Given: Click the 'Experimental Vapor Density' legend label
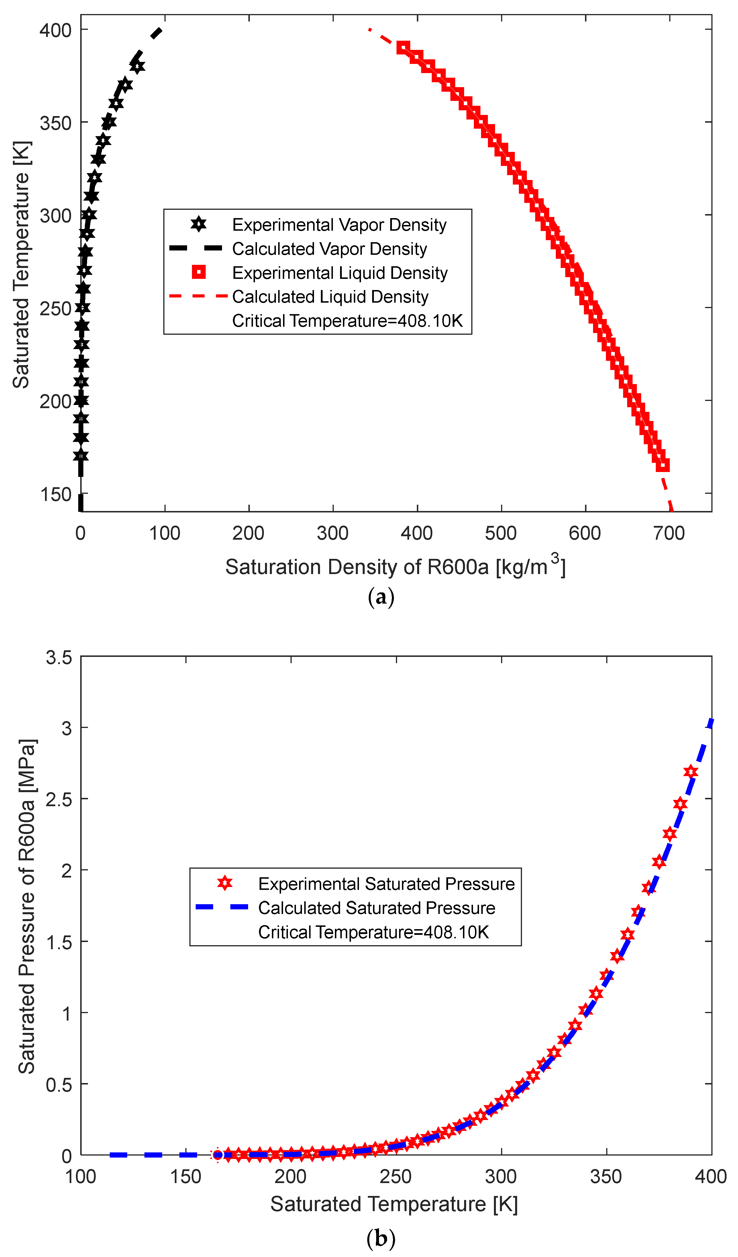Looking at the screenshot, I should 339,225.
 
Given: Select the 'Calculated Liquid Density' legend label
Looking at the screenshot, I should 330,297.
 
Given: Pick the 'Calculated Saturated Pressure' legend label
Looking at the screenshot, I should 376,908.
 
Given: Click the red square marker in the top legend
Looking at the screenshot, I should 199,272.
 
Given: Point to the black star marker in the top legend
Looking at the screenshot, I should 199,224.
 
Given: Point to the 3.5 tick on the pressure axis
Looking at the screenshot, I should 59,657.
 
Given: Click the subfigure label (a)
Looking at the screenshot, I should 381,597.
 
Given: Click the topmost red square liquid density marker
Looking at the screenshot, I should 403,48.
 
